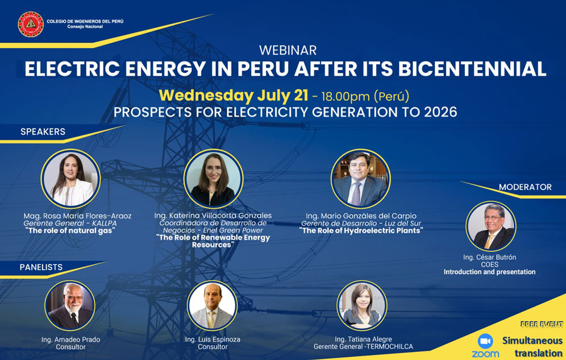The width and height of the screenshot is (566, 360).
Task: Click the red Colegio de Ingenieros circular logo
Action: [31, 24]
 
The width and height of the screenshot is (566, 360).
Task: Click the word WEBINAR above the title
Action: [288, 50]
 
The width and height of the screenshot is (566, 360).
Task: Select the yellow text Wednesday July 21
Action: [234, 96]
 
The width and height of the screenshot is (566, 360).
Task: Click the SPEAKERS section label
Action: [43, 132]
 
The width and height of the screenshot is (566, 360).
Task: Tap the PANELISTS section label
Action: [41, 267]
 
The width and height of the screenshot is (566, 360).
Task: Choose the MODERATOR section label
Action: [525, 187]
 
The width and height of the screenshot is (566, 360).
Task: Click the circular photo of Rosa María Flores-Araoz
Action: [70, 179]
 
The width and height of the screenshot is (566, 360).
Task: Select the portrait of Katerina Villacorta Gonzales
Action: [213, 179]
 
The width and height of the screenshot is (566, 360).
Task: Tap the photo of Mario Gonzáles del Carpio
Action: [360, 179]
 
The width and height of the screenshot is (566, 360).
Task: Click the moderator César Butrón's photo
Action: [490, 226]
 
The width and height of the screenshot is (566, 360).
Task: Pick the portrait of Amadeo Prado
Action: [70, 305]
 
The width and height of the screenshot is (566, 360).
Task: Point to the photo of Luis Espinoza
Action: [213, 305]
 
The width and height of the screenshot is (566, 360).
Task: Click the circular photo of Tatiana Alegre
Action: [361, 305]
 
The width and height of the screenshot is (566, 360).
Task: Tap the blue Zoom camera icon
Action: [485, 341]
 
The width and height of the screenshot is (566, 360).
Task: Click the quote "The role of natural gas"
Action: [70, 231]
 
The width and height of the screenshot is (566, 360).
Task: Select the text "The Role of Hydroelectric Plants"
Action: [361, 230]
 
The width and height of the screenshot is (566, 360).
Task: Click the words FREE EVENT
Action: [542, 324]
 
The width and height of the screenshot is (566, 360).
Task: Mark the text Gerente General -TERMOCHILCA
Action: [363, 347]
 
